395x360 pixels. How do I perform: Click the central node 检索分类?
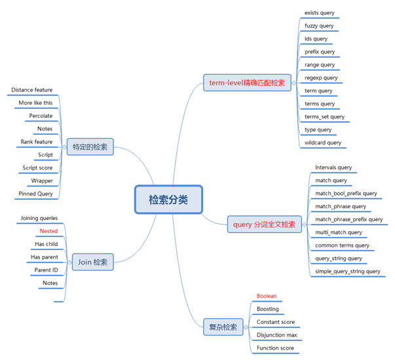(168, 200)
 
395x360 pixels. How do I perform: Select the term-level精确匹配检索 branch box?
(248, 82)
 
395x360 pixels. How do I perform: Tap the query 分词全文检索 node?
(264, 225)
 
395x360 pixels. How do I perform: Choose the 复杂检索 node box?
(223, 326)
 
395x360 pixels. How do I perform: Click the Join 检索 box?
(93, 262)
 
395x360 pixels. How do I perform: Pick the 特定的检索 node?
(90, 147)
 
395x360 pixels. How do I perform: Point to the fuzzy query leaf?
(319, 26)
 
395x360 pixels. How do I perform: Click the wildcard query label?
(323, 143)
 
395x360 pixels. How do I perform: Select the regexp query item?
(321, 78)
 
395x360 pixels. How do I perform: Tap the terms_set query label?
(324, 117)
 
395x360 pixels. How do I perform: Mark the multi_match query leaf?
(338, 232)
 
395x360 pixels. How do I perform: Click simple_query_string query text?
(347, 271)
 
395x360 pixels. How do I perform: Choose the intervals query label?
(333, 168)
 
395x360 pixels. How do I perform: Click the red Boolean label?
(267, 296)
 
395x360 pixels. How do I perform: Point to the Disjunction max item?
(276, 335)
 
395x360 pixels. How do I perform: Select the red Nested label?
(48, 231)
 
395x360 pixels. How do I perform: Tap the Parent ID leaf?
(47, 270)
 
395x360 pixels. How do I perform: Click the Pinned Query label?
(36, 194)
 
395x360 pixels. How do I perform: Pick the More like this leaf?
(36, 103)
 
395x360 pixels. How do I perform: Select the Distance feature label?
(32, 90)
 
